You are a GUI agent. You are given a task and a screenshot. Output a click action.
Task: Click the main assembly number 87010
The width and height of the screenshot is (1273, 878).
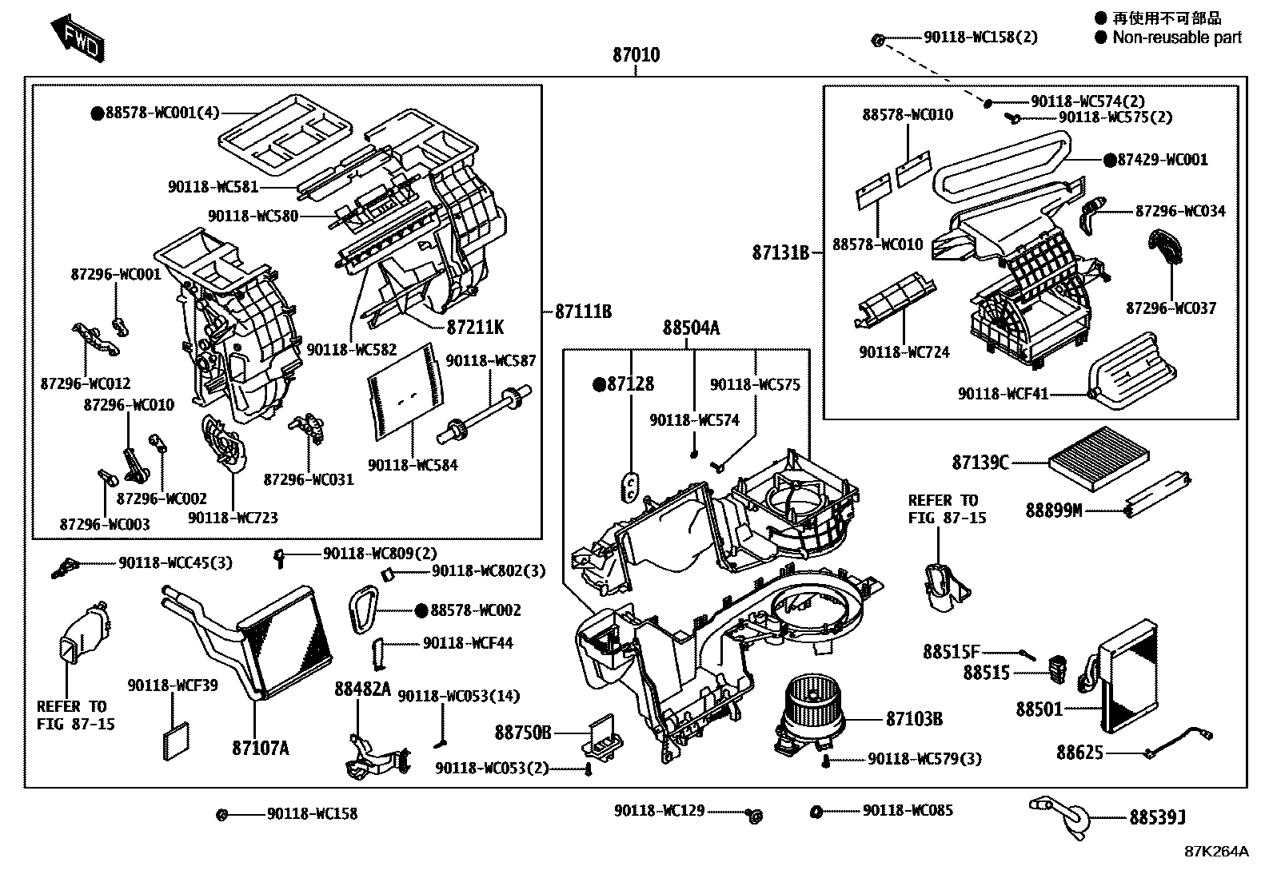coord(636,55)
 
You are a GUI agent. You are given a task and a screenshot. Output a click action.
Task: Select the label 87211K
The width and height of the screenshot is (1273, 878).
coord(475,328)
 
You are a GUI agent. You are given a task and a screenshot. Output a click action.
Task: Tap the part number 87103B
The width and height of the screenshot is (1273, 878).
coord(914,719)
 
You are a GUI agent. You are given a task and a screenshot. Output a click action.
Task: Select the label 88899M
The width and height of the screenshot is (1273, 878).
coord(1053,510)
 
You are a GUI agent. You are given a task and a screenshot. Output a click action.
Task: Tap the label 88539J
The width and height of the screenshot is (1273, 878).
coord(1157,817)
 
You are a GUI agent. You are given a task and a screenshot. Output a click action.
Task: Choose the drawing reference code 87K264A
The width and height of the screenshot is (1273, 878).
coord(1216,852)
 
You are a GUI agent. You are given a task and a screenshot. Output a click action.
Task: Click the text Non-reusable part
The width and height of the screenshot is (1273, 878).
coord(1176,37)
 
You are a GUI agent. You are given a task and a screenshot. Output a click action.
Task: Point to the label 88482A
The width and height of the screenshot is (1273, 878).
coord(362,689)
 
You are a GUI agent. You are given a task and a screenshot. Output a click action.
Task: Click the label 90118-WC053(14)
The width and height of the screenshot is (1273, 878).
coord(458,697)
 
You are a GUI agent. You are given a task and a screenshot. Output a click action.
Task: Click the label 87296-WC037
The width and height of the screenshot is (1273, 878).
coord(1171,308)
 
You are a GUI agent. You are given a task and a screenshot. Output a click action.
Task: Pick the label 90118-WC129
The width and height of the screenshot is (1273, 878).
coord(659,811)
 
